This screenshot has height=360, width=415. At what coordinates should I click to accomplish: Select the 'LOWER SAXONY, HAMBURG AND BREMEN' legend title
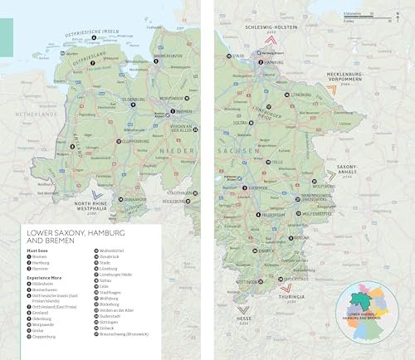(75, 236)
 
